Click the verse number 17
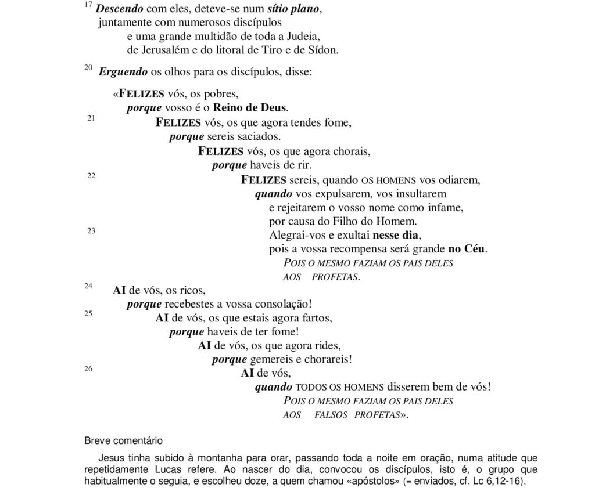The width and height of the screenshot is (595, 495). pyautogui.click(x=88, y=5)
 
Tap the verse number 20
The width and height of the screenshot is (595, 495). pyautogui.click(x=88, y=68)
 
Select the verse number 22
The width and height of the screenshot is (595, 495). pyautogui.click(x=91, y=175)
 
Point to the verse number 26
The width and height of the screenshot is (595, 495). pyautogui.click(x=88, y=368)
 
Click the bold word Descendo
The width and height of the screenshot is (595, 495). pyautogui.click(x=114, y=9)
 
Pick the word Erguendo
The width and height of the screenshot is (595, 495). pyautogui.click(x=119, y=73)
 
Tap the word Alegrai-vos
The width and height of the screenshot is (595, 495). pyautogui.click(x=298, y=236)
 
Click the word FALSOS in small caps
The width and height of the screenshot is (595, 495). pyautogui.click(x=331, y=415)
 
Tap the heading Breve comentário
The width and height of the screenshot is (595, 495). pyautogui.click(x=123, y=440)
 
